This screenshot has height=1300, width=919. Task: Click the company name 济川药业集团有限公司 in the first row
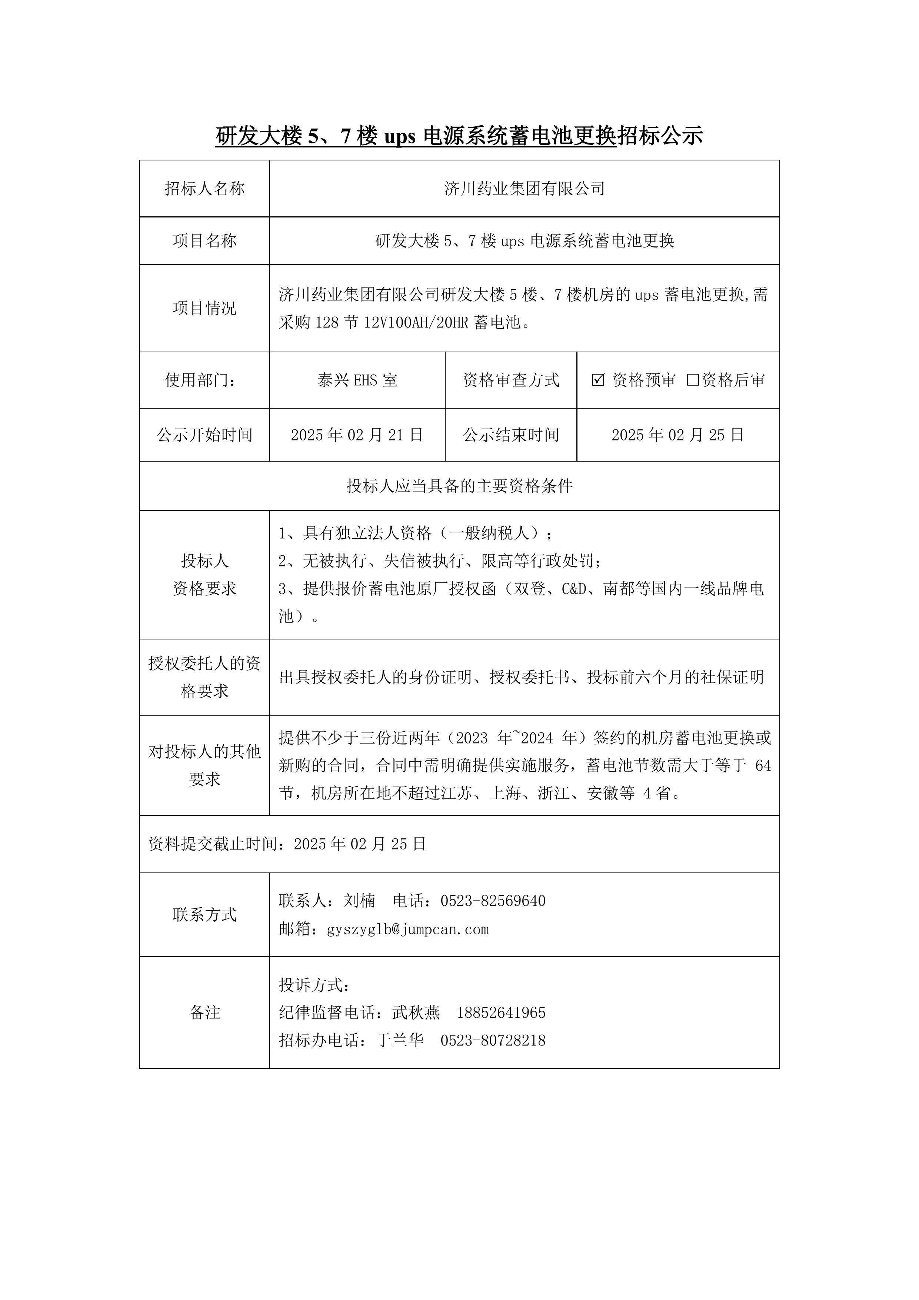525,189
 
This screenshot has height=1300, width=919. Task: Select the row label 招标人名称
204,189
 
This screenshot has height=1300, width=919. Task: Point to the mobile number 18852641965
501,1013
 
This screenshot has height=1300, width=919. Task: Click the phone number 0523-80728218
493,1040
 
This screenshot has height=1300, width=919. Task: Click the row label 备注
204,1013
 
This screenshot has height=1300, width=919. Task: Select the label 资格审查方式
511,380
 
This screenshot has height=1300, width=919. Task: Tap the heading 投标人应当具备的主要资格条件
459,486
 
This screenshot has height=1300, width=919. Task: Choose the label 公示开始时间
204,435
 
